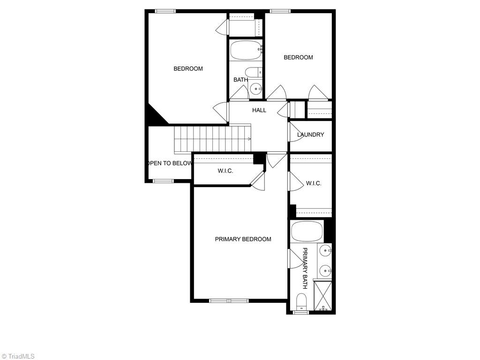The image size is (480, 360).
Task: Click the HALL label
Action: coord(259,110)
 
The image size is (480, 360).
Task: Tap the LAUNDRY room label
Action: coord(310,135)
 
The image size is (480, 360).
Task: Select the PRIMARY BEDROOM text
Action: coord(243,239)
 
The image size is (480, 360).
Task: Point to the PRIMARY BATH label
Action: coord(305,268)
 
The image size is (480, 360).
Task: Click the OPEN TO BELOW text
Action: coord(170,163)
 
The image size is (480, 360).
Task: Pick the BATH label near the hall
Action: coord(240,80)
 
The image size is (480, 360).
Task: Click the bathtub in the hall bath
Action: coord(246,50)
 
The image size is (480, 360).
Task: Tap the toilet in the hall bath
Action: coord(254,72)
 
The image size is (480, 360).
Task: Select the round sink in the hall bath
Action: coord(256,89)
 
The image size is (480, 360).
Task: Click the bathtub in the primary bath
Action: coord(307,231)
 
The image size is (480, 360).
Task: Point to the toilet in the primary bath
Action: coord(301,302)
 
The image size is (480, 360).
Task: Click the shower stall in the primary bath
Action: coord(322,295)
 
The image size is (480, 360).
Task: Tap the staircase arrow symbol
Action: coord(249,139)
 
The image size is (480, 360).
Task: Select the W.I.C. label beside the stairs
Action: coord(225,171)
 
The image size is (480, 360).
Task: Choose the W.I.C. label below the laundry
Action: coord(314,183)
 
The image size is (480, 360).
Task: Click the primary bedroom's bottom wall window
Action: coord(229,300)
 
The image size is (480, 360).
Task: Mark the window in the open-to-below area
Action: coord(163,181)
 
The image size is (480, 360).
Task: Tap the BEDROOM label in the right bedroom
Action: coord(298,57)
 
